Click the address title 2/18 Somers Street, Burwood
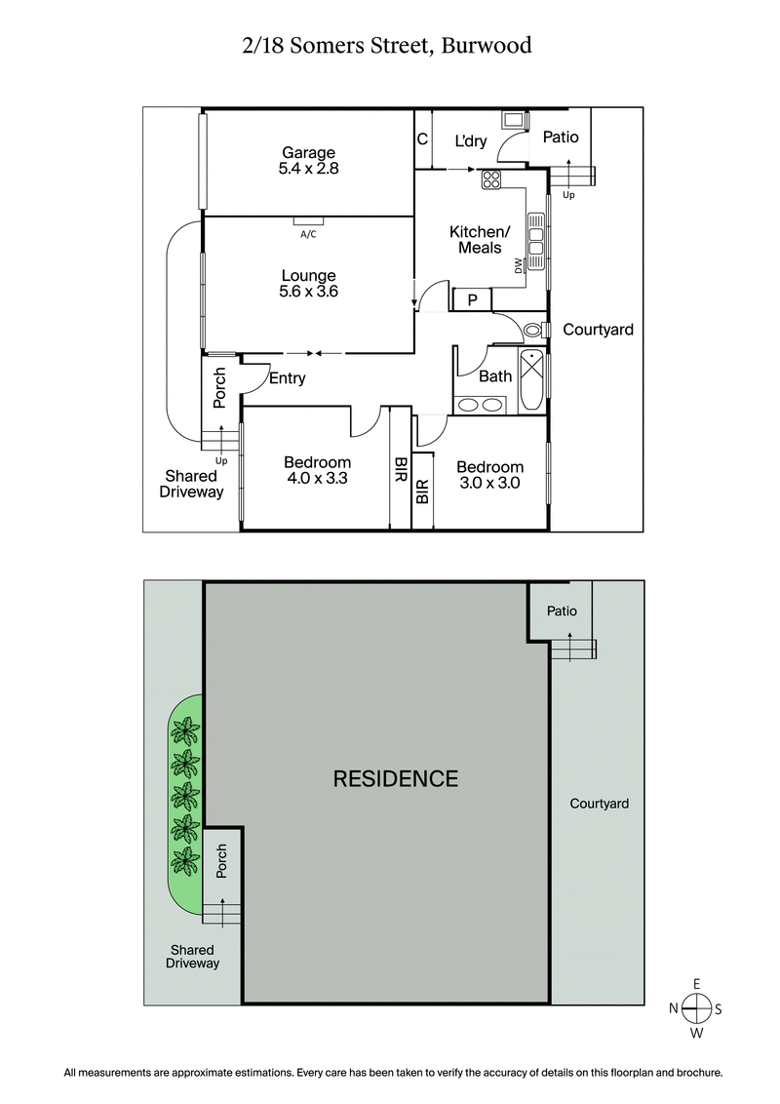point(389,46)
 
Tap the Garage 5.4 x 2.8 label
point(308,160)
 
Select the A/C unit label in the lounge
point(308,234)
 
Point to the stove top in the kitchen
point(490,178)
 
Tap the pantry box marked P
point(472,300)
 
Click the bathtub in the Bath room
point(532,380)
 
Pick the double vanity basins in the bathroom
point(480,405)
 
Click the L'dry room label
point(470,140)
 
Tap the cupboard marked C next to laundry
point(422,139)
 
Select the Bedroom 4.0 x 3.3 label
point(317,471)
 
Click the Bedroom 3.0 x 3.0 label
point(490,475)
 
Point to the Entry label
point(287,378)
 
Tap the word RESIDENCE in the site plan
point(395,778)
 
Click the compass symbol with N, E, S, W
point(696,1008)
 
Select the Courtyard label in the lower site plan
point(599,804)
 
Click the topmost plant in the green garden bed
point(183,729)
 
